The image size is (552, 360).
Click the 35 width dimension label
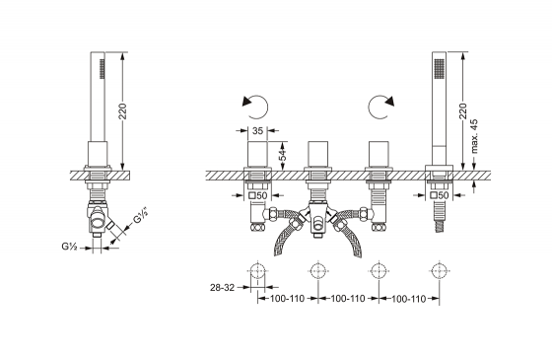(x=257, y=130)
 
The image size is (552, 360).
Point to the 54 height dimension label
(x=282, y=155)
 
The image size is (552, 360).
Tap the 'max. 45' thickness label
(x=474, y=136)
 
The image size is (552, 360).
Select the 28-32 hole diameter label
(x=222, y=288)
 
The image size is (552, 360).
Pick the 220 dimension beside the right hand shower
(x=463, y=110)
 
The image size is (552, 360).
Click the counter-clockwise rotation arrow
(x=255, y=107)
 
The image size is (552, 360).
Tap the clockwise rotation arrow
(x=380, y=107)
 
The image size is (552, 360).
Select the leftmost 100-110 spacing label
(x=287, y=299)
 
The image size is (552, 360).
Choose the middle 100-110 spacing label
(x=348, y=299)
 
